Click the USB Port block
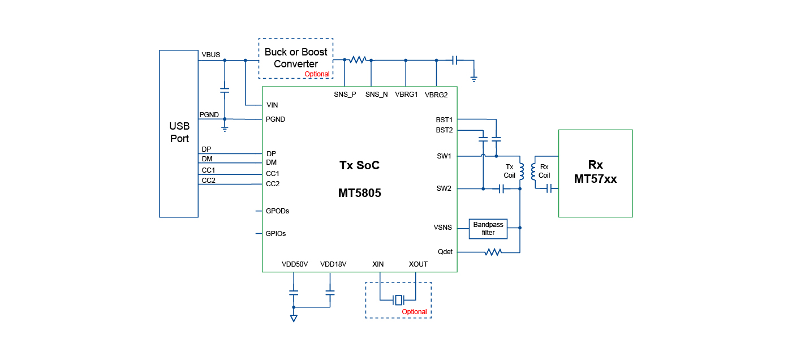pos(179,133)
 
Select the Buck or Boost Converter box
pos(296,58)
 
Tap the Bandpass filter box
pos(488,228)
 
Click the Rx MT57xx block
pos(595,173)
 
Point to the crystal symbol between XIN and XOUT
pos(398,299)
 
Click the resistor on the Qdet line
pos(493,252)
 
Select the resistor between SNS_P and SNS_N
pos(358,59)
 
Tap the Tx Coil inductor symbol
pos(521,172)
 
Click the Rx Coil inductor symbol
pos(533,172)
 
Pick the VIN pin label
pos(272,105)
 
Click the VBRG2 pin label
pos(436,95)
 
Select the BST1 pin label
pos(444,119)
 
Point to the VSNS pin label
pos(442,228)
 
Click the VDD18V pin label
pos(333,264)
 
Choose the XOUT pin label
pos(418,264)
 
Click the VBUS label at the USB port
pos(210,55)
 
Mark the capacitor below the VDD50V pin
pos(294,293)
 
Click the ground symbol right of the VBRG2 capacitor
pos(474,78)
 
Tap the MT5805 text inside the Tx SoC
pos(359,193)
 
